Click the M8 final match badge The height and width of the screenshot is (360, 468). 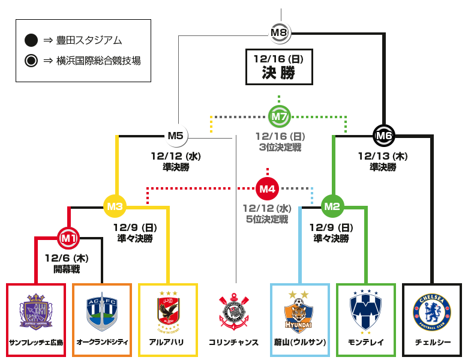(x=280, y=32)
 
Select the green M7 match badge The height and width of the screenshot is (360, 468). (x=279, y=116)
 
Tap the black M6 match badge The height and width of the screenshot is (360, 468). (x=384, y=136)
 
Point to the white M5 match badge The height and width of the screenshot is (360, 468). (x=176, y=136)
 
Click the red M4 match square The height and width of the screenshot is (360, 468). (x=267, y=189)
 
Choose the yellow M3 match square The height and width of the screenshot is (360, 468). (x=115, y=206)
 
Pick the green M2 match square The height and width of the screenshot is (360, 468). (x=332, y=206)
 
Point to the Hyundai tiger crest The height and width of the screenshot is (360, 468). (x=299, y=316)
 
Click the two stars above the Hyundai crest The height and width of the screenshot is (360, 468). (x=299, y=295)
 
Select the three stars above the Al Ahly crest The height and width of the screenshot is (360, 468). (x=168, y=293)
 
